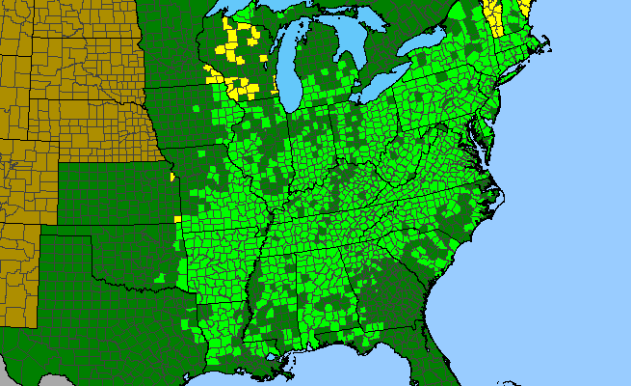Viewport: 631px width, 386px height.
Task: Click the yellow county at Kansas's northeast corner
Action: [x=171, y=178]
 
